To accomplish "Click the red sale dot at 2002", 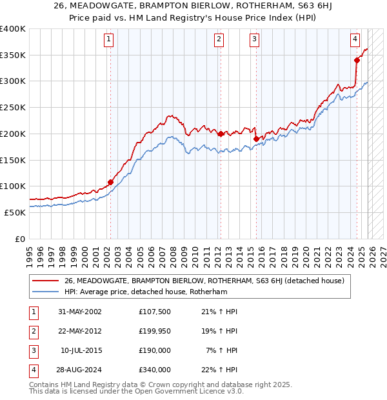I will click(x=110, y=183).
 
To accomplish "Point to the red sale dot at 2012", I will click(x=221, y=134).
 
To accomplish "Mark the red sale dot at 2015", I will click(x=256, y=139).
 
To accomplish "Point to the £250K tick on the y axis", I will click(x=13, y=107).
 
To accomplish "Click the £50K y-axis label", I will click(x=15, y=212).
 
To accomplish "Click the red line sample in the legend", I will click(x=46, y=281).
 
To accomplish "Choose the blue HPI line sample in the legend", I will click(x=46, y=292).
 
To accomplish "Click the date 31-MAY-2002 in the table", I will click(x=80, y=312).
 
